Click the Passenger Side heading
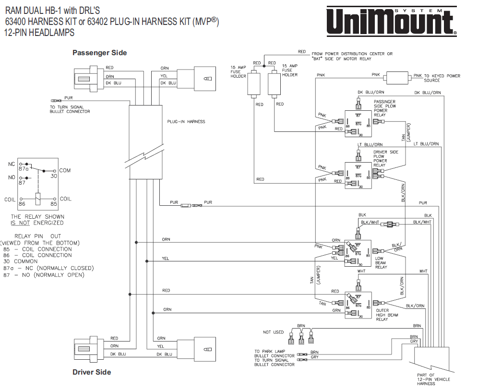tap(99, 52)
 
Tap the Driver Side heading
tap(92, 372)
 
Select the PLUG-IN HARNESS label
tap(186, 121)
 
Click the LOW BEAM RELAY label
tap(381, 262)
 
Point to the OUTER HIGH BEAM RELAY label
tap(386, 314)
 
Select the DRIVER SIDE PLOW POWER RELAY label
tap(386, 158)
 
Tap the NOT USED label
tap(273, 332)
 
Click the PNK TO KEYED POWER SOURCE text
tap(436, 78)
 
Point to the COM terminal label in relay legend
tap(65, 171)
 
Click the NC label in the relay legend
tap(12, 164)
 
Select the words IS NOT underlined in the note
tap(19, 223)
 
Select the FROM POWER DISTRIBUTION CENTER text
tap(352, 54)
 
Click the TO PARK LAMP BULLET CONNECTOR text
tap(274, 354)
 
